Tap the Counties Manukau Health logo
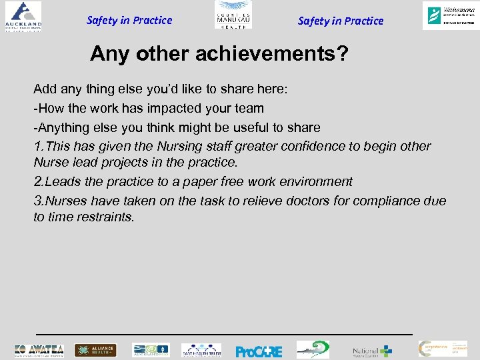[x=233, y=15]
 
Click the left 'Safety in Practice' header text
[x=129, y=20]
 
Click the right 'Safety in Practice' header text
[x=341, y=21]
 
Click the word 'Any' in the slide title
[x=108, y=53]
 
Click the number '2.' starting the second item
[x=39, y=181]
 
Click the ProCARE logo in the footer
[x=259, y=351]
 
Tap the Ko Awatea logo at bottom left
[x=39, y=350]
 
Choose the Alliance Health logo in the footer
[x=95, y=350]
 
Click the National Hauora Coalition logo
[x=372, y=351]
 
